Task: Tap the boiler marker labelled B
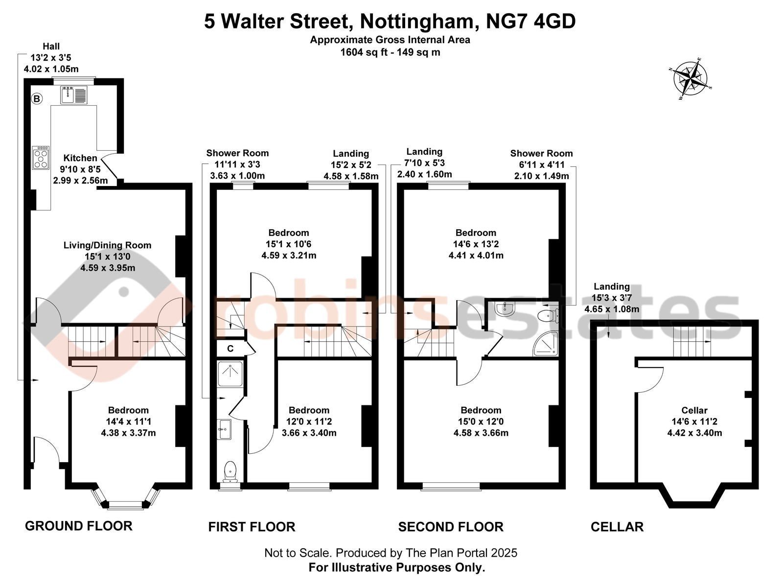click(x=37, y=98)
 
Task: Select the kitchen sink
click(x=74, y=95)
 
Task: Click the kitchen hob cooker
click(x=41, y=157)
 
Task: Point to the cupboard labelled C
click(x=230, y=349)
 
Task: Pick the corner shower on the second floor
click(x=546, y=344)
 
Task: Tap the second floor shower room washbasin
click(x=505, y=308)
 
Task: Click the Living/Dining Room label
click(x=107, y=245)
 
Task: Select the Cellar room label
click(x=694, y=410)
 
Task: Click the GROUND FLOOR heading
click(x=78, y=526)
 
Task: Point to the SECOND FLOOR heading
click(x=451, y=526)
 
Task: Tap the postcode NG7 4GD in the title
click(x=531, y=21)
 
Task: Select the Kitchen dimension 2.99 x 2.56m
click(x=80, y=181)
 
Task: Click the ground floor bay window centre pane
click(x=125, y=505)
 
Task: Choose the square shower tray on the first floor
click(x=230, y=374)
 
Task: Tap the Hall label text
click(x=51, y=47)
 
